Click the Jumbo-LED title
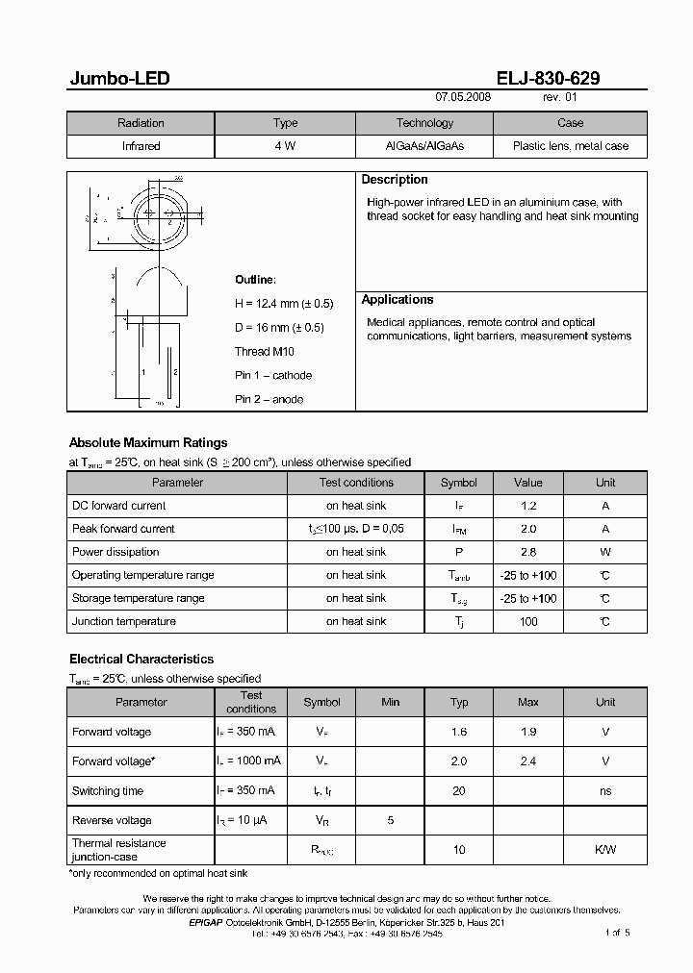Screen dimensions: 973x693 [119, 79]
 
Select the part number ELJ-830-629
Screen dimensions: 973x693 [550, 79]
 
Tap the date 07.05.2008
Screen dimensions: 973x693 [463, 98]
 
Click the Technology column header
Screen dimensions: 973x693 [424, 123]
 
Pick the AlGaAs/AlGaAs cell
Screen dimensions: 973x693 [424, 146]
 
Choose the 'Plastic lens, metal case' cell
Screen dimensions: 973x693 [570, 146]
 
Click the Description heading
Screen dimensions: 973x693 [395, 180]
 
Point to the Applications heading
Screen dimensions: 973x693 [398, 300]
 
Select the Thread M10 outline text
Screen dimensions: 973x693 [265, 352]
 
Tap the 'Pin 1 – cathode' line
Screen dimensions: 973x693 [273, 376]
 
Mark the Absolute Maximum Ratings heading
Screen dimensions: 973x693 [148, 443]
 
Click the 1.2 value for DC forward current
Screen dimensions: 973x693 [527, 506]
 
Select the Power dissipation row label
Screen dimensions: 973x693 [115, 552]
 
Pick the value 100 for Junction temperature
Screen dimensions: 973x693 [527, 621]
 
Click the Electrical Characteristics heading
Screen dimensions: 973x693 [141, 660]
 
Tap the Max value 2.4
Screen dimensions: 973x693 [527, 761]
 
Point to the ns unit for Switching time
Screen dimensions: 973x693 [604, 791]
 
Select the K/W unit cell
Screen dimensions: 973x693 [604, 850]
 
